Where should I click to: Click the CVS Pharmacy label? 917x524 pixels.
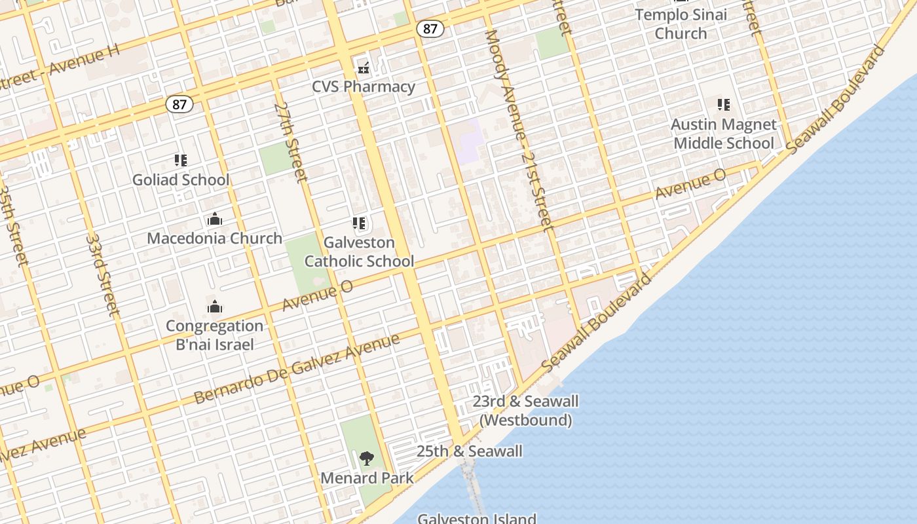coord(363,86)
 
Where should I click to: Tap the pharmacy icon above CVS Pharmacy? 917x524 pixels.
coord(363,67)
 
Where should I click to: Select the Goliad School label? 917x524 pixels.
coord(181,179)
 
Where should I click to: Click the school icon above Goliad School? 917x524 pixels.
coord(181,160)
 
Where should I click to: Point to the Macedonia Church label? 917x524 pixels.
coord(214,238)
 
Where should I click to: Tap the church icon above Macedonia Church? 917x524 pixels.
coord(214,219)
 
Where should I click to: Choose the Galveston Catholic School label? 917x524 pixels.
coord(359,252)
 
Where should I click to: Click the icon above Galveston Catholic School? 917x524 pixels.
coord(359,223)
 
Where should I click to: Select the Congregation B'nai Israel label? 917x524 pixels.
coord(214,335)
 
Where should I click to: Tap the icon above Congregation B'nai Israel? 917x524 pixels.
coord(214,307)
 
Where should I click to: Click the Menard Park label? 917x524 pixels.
coord(367,478)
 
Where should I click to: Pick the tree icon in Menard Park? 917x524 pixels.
coord(367,458)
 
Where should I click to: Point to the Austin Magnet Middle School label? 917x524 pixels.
coord(724,134)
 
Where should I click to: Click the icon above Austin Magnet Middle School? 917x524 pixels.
coord(724,105)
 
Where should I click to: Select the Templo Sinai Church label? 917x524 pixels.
coord(681,24)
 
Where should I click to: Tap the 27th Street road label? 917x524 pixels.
coord(291,142)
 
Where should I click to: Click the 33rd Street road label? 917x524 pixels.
coord(103,275)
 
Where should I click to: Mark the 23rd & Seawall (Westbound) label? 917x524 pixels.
coord(525,411)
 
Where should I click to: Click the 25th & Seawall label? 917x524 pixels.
coord(469,451)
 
